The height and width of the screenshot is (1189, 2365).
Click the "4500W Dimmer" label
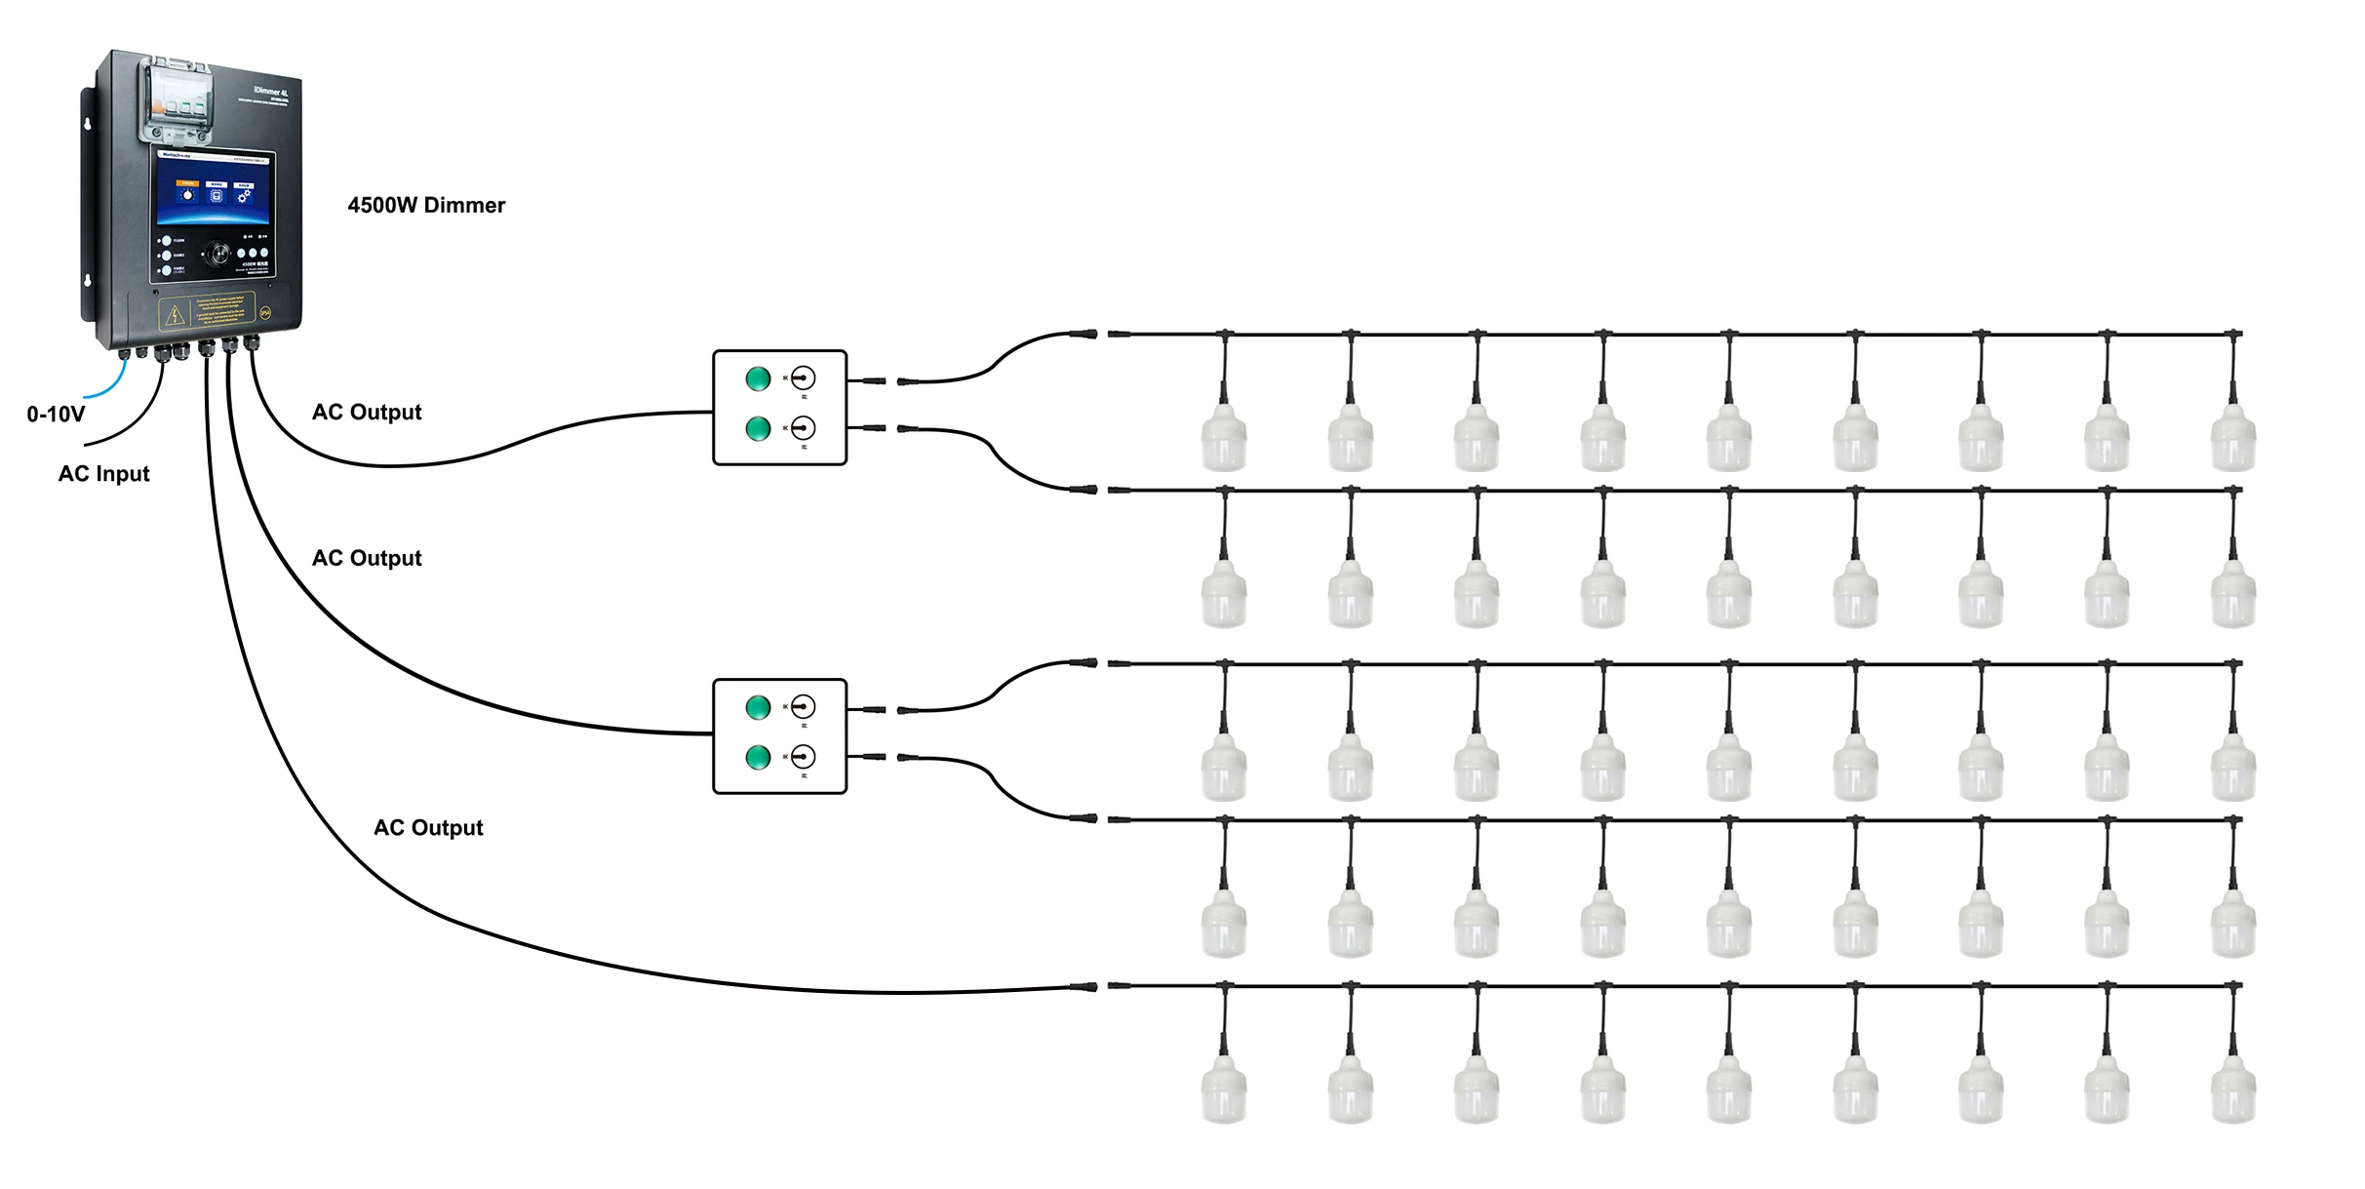click(426, 205)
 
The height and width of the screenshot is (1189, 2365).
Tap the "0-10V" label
click(56, 415)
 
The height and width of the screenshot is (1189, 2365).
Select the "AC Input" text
click(103, 474)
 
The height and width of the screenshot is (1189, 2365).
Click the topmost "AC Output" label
click(367, 413)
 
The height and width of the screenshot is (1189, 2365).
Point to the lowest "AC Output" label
click(428, 828)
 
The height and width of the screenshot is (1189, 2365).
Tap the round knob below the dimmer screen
click(217, 255)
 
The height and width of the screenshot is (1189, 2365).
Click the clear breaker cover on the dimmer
click(177, 100)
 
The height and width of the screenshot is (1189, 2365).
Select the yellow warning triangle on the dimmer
click(175, 315)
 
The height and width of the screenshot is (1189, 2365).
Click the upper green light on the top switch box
click(758, 378)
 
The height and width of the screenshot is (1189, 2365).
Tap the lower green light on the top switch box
click(758, 428)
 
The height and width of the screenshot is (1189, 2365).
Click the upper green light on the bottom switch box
click(758, 707)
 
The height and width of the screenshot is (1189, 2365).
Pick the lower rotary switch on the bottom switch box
click(803, 757)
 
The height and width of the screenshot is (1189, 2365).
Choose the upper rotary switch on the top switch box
click(803, 378)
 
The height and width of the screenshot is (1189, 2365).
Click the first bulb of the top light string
click(1224, 439)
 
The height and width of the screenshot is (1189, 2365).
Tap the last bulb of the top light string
click(2232, 439)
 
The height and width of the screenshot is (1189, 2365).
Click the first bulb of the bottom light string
click(1224, 1090)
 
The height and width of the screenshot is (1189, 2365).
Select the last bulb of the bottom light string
click(2232, 1090)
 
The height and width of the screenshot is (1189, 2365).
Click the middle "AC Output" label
click(367, 559)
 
